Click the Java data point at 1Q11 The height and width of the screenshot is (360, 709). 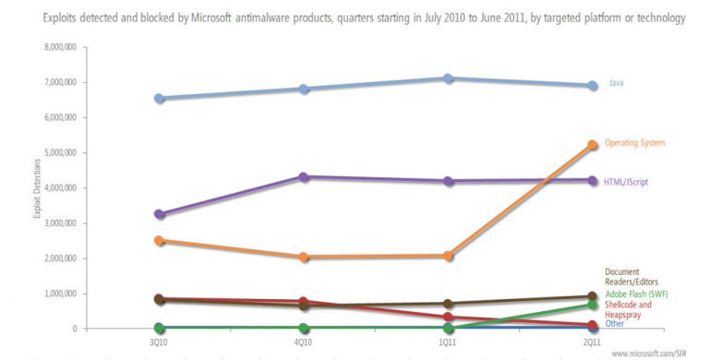(448, 78)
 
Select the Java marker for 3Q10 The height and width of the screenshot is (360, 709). (161, 98)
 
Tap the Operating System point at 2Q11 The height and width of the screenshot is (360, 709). (591, 145)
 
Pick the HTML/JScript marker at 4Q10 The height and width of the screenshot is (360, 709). (304, 176)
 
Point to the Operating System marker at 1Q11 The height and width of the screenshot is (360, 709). (448, 256)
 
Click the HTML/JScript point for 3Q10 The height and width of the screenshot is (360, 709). (161, 214)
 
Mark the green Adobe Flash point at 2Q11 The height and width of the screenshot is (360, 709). (591, 305)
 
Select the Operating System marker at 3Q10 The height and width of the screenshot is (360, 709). (161, 241)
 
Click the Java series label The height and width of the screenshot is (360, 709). (616, 84)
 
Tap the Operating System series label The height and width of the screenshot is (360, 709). (634, 143)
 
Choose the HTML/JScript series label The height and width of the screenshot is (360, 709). (629, 182)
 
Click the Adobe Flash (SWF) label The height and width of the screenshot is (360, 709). (636, 294)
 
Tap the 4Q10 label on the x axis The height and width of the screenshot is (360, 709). (304, 342)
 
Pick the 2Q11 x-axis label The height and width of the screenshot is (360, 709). (591, 342)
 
